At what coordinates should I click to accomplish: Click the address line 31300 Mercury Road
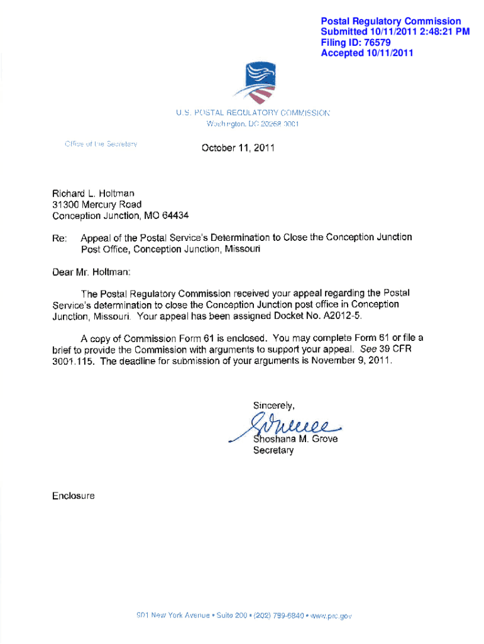coord(97,204)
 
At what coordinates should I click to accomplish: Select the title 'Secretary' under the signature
coord(273,450)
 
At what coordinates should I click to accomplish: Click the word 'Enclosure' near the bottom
coord(74,496)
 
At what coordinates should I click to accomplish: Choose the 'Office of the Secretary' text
coord(101,143)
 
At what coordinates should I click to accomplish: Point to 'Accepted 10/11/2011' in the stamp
coord(367,53)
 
